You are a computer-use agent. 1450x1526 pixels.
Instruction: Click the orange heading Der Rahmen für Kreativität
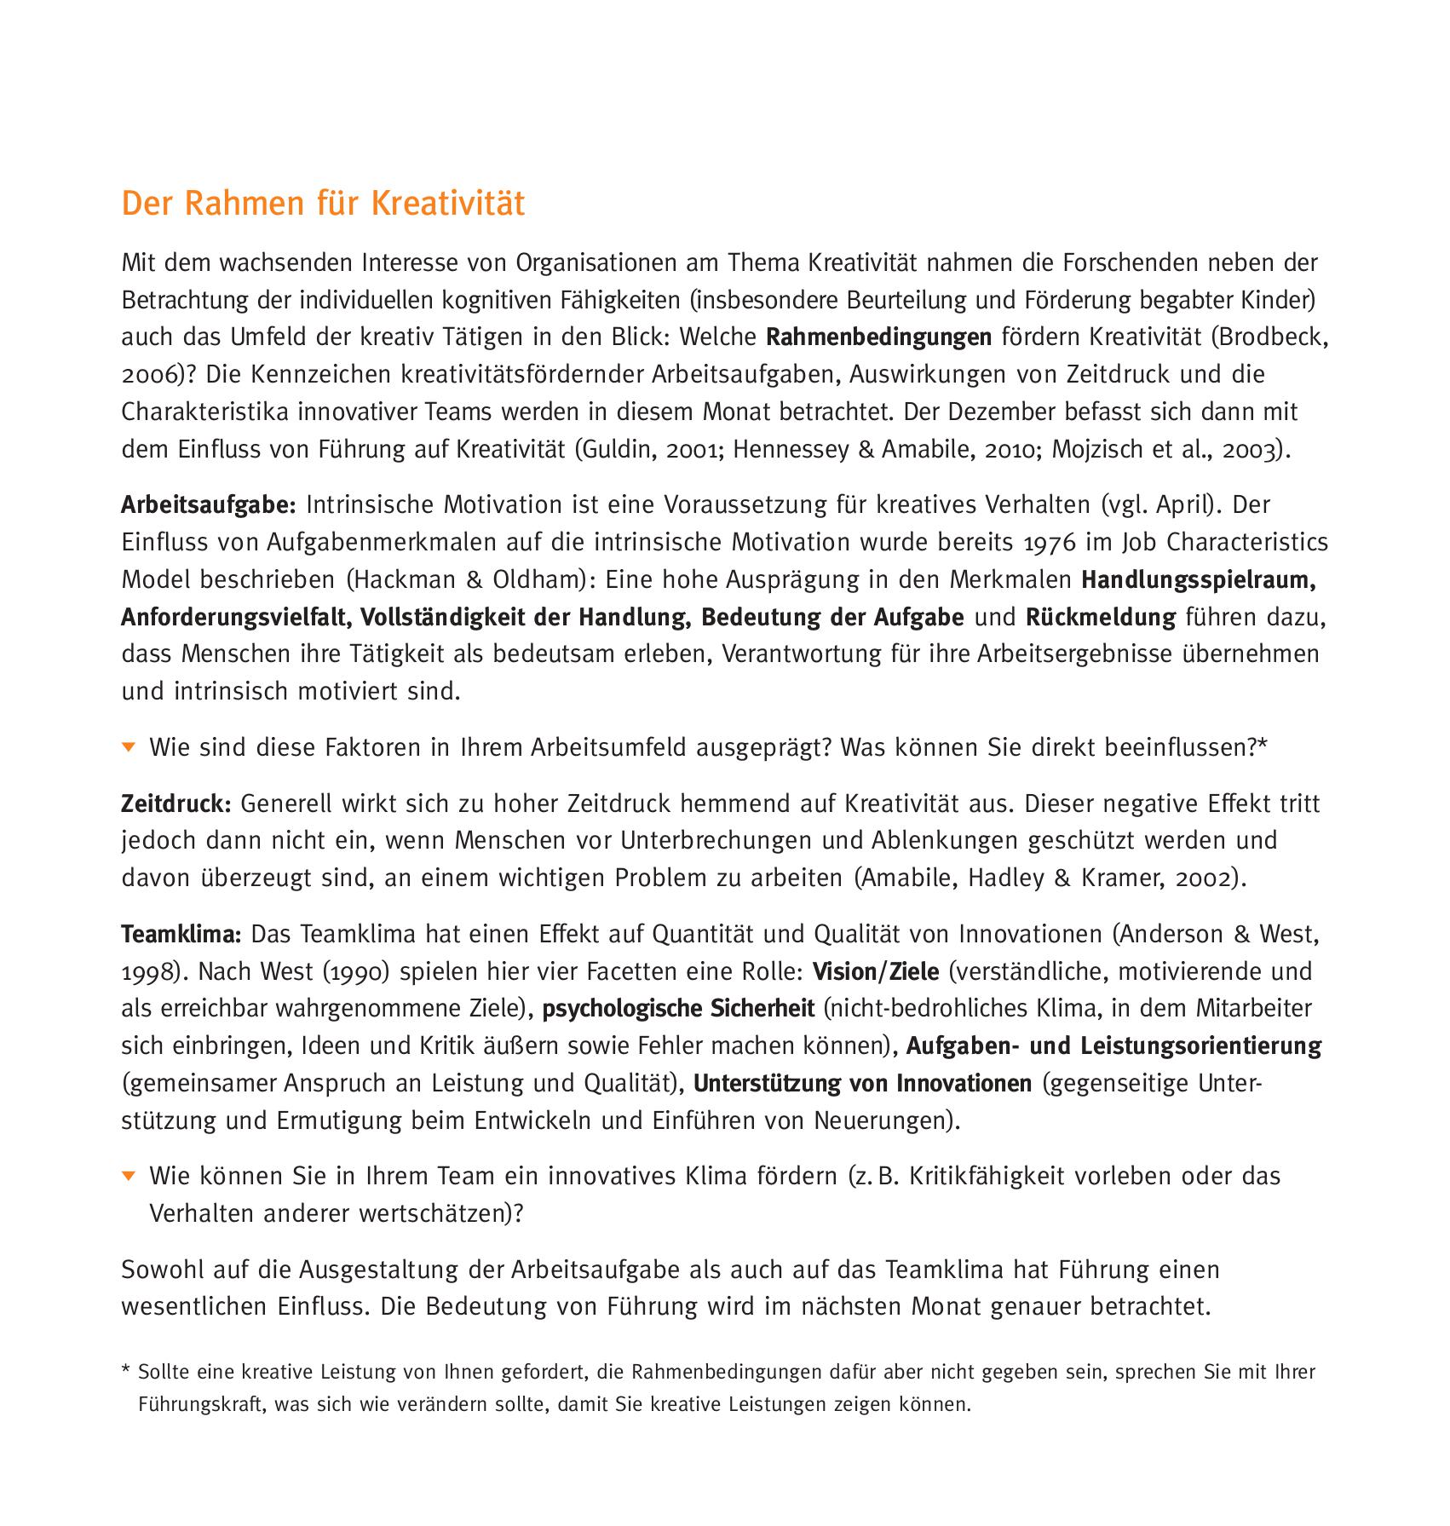pos(323,204)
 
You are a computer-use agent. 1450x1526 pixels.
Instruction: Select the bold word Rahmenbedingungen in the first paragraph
pos(878,337)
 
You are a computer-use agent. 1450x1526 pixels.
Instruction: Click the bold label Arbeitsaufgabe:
pos(208,505)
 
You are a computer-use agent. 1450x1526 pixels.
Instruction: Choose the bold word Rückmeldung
pos(1100,617)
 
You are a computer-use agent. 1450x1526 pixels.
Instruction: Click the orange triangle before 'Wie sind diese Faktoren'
pos(129,747)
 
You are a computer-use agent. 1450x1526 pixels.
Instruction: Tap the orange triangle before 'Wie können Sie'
pos(129,1176)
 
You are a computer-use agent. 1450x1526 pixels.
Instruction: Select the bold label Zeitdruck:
pos(176,803)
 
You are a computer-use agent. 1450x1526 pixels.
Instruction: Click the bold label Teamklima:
pos(181,934)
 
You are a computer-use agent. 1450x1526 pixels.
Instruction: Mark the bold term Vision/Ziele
pos(876,971)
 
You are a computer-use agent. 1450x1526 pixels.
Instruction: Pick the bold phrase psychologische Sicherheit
pos(678,1009)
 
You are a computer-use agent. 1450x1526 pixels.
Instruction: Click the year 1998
pos(149,971)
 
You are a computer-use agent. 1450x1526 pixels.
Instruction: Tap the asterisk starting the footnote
pos(125,1372)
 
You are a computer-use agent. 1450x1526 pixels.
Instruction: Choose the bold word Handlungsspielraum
pos(1199,579)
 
